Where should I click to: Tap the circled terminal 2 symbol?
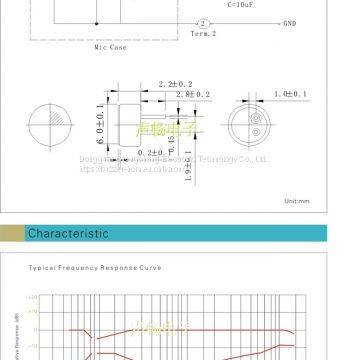[x=204, y=22]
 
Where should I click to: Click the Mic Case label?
[x=109, y=46]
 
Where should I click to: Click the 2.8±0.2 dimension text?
[x=192, y=94]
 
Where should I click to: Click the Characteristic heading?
[x=67, y=234]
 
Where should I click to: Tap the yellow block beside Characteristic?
[x=11, y=234]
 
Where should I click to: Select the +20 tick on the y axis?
[x=33, y=298]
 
